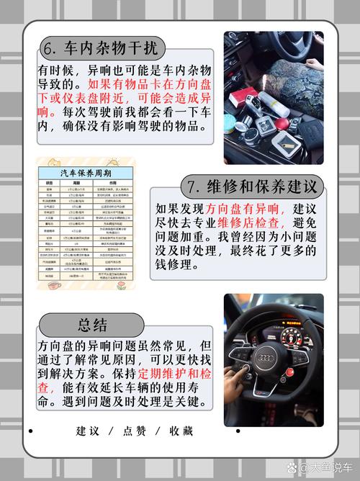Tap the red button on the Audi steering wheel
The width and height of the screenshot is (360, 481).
click(248, 369)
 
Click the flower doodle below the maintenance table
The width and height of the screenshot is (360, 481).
click(122, 286)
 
